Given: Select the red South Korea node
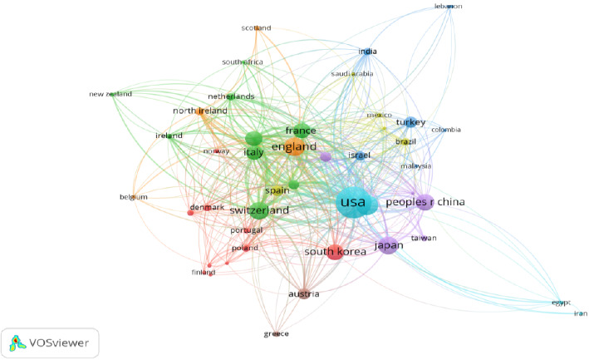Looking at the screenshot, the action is pos(334,252).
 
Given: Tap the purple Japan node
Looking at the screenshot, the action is pos(389,245).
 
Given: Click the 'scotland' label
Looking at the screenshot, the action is pos(257,27).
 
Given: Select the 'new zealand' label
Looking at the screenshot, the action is pos(110,94).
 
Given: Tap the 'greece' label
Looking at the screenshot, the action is pos(276,333).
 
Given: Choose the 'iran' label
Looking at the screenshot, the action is pos(581,313).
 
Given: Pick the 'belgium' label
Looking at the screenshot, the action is pos(133,197).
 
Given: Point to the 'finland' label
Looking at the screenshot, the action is pos(203,272).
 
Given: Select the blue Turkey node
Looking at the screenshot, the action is pos(409,122).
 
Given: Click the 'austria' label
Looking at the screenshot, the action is pos(303,293).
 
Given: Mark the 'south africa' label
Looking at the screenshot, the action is pos(243,62).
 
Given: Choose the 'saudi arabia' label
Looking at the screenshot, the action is pos(353,74).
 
